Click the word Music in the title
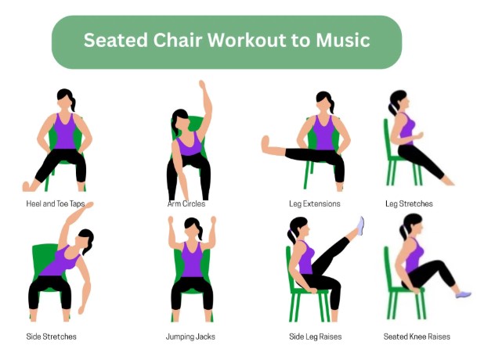click(x=342, y=40)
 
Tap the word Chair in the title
click(x=177, y=40)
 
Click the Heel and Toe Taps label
click(x=56, y=204)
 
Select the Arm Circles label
click(x=186, y=204)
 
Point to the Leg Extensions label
click(x=315, y=204)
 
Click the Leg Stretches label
click(x=409, y=204)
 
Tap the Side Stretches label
click(x=51, y=337)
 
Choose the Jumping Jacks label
click(x=190, y=337)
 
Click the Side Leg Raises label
click(x=315, y=337)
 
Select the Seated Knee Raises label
click(x=417, y=337)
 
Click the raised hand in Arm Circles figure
click(x=203, y=85)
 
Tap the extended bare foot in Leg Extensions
click(x=265, y=145)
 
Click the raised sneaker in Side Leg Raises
click(x=360, y=225)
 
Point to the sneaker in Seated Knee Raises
click(x=464, y=294)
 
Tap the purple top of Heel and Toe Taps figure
click(x=64, y=131)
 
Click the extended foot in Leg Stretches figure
click(x=447, y=182)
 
